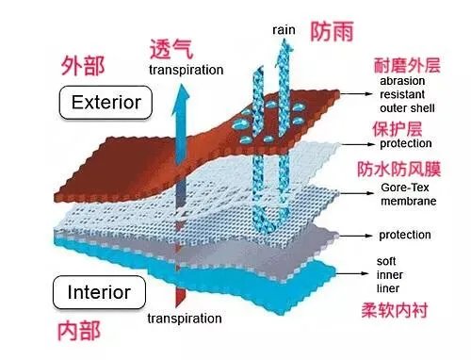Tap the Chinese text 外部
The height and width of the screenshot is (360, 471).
tap(83, 66)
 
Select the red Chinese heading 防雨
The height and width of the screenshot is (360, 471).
tap(331, 31)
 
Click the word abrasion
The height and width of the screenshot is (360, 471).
tap(403, 81)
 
